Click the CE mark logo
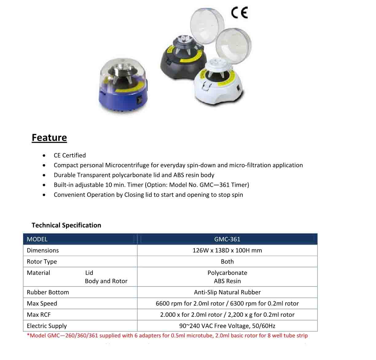click(239, 13)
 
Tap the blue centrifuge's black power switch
click(139, 100)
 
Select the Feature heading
click(49, 138)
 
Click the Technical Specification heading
click(66, 225)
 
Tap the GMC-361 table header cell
click(227, 239)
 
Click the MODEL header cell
click(37, 239)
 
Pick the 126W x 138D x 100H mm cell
click(227, 250)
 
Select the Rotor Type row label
click(42, 262)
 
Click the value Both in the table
click(227, 262)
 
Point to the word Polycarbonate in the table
click(227, 273)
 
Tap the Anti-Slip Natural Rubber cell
click(227, 292)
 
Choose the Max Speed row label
click(42, 303)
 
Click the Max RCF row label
click(39, 315)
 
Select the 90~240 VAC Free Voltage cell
click(227, 326)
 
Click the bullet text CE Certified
click(70, 155)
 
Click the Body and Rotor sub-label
click(106, 281)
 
